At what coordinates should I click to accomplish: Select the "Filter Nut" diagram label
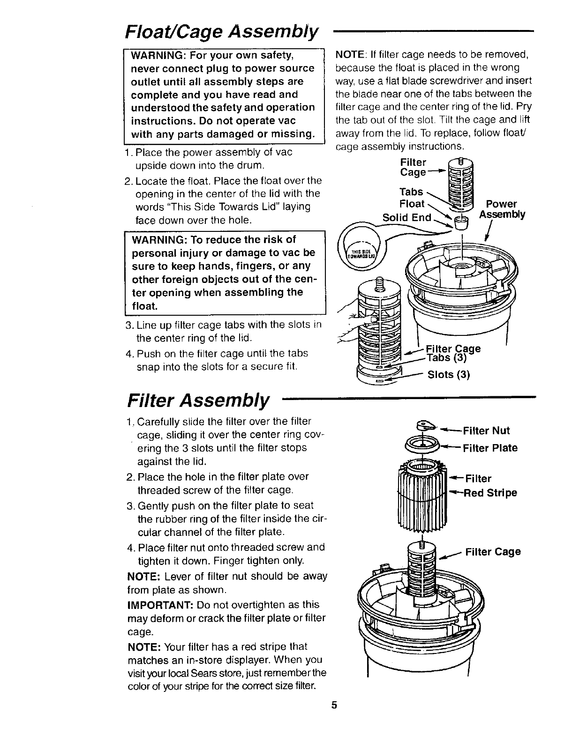(x=486, y=430)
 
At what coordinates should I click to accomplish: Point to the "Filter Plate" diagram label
(x=490, y=448)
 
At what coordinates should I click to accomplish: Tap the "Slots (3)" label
(x=449, y=375)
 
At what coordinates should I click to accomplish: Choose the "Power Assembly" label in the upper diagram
(x=502, y=209)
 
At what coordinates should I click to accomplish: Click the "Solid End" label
(x=407, y=218)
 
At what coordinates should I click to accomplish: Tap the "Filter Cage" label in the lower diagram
(x=493, y=551)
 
